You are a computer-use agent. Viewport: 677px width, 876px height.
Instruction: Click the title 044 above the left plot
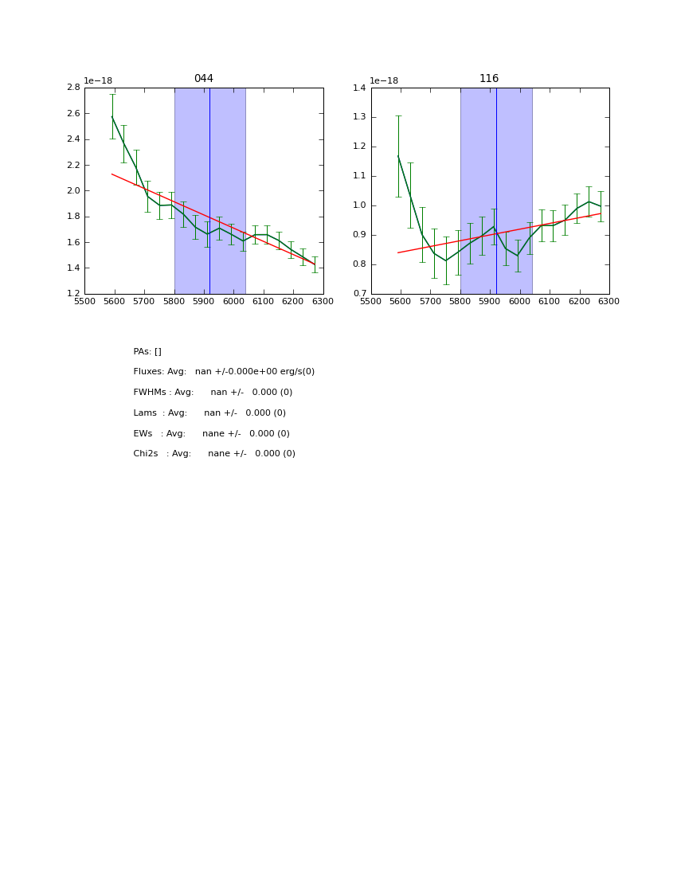[x=204, y=79]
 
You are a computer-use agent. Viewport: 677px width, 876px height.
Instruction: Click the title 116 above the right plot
[x=489, y=79]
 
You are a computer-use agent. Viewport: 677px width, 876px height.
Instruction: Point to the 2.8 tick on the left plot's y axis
[x=72, y=88]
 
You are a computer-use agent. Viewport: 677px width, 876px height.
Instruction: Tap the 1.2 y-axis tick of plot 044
[x=72, y=293]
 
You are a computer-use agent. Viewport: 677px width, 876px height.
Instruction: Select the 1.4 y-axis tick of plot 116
[x=358, y=88]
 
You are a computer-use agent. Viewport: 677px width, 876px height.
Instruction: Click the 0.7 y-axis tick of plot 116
[x=358, y=293]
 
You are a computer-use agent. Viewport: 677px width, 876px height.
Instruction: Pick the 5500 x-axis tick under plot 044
[x=84, y=302]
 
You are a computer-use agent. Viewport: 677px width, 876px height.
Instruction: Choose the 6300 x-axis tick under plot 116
[x=609, y=302]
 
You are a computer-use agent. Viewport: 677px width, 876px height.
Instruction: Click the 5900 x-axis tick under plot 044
[x=204, y=302]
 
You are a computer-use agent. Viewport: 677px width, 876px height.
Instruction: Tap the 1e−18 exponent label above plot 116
[x=384, y=80]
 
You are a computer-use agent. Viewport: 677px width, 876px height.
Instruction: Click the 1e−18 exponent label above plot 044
[x=98, y=80]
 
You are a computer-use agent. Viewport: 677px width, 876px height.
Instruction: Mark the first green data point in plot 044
[x=112, y=117]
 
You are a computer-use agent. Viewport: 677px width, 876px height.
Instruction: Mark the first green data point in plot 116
[x=398, y=156]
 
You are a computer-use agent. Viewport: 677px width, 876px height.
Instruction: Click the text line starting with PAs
[x=147, y=351]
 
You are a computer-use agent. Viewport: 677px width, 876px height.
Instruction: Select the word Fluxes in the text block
[x=148, y=372]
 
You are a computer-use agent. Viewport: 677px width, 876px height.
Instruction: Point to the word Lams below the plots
[x=146, y=413]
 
